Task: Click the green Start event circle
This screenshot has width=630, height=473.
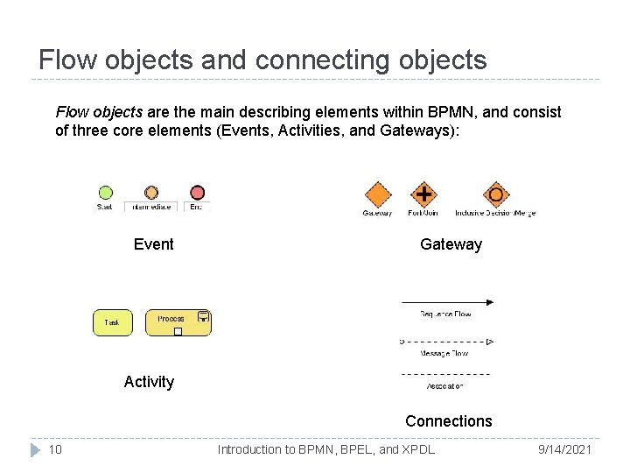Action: pos(105,193)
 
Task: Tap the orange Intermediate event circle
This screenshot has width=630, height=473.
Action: pos(151,193)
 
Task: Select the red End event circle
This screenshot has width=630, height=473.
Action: pos(198,193)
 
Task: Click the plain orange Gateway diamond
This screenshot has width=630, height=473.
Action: pos(378,194)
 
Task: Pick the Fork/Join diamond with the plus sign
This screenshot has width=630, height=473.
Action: pos(424,194)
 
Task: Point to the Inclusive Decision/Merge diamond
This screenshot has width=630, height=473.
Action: pos(495,194)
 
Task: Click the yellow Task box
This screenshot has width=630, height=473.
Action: pos(112,322)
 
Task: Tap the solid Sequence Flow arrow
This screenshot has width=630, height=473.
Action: pos(447,302)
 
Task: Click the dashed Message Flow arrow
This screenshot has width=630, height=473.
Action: pos(447,342)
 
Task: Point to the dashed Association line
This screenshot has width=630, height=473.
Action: pos(445,374)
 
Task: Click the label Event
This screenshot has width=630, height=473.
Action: pos(154,244)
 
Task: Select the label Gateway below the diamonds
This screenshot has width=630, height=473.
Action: pos(451,244)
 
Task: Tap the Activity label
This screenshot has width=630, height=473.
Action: pos(149,381)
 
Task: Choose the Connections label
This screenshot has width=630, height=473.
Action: pos(448,420)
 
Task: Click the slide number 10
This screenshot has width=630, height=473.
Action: pos(55,449)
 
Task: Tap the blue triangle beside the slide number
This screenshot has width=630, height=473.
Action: pos(34,449)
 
